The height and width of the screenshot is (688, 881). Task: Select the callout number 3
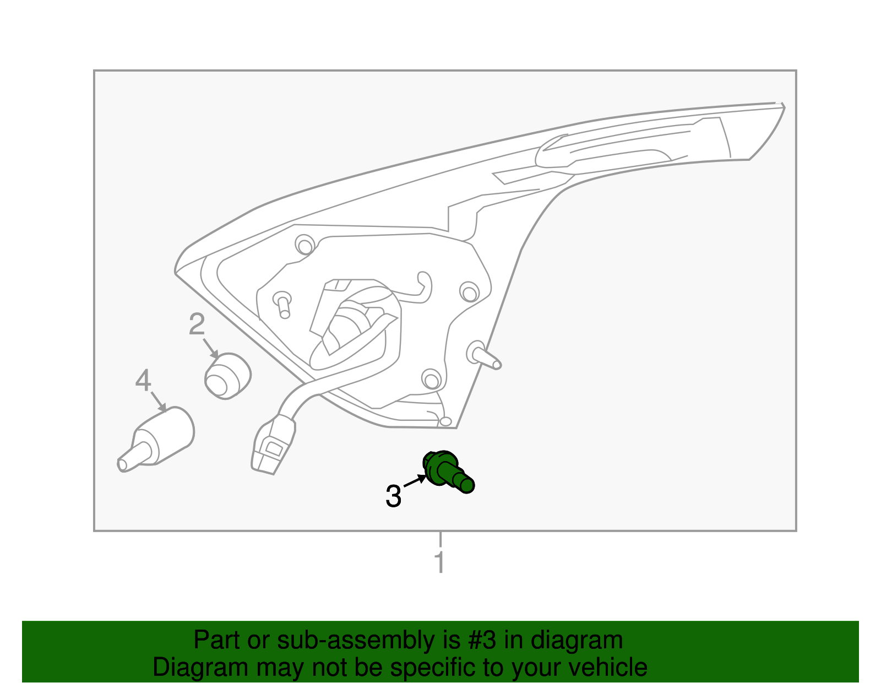(x=393, y=496)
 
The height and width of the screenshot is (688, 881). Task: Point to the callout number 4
(x=143, y=381)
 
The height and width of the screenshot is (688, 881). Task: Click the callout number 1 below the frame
(x=439, y=562)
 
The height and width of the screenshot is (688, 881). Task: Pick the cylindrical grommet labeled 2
(x=227, y=376)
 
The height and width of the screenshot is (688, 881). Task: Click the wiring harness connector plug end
(x=272, y=446)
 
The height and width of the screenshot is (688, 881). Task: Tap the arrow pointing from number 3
(x=415, y=481)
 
